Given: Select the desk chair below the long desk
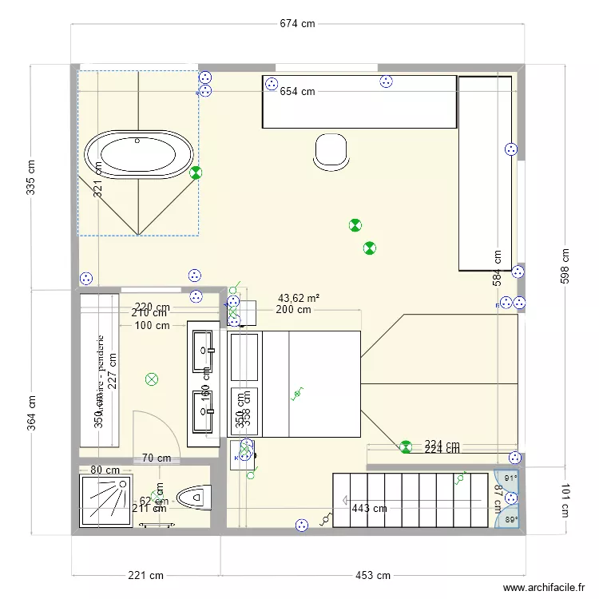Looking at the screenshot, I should pos(331,151).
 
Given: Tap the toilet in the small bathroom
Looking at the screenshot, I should pos(190,499).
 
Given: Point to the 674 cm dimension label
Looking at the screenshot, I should pos(298,24).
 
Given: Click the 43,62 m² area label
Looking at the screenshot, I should pos(299,298).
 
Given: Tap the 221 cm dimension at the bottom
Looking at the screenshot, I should pos(146,575).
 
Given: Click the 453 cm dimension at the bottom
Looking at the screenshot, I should pos(372,575).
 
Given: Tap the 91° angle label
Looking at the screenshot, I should pos(510,479).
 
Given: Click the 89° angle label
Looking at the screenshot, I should pos(510,520).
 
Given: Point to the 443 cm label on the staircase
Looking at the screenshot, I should pos(368,508).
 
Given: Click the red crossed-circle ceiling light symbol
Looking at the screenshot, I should pos(150,380).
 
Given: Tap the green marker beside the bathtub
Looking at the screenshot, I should pos(196,172).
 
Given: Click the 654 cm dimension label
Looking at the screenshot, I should pos(297,92).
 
